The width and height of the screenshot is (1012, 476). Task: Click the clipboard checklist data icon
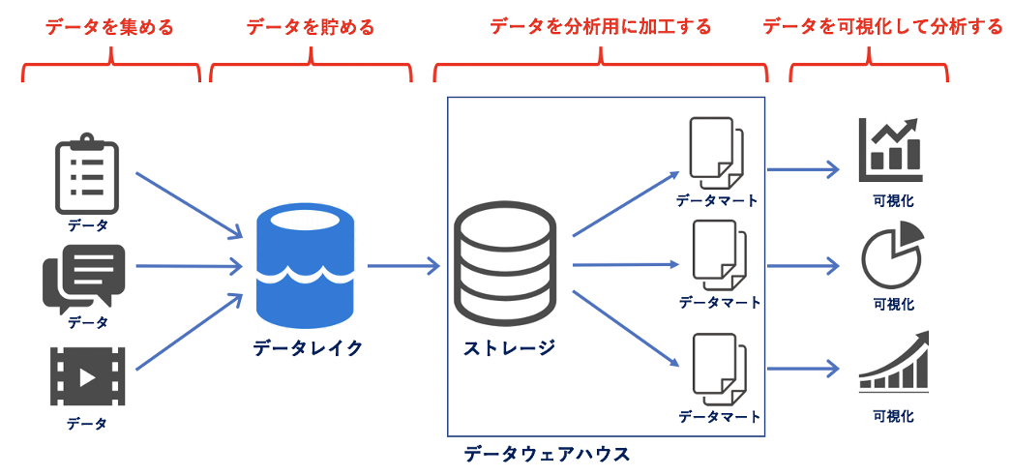point(88,177)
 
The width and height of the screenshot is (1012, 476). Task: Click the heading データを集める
point(109,27)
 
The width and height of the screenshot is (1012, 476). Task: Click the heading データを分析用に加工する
point(600,27)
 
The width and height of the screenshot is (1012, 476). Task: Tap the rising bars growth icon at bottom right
point(893,363)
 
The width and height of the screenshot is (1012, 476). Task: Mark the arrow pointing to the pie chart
point(803,263)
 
